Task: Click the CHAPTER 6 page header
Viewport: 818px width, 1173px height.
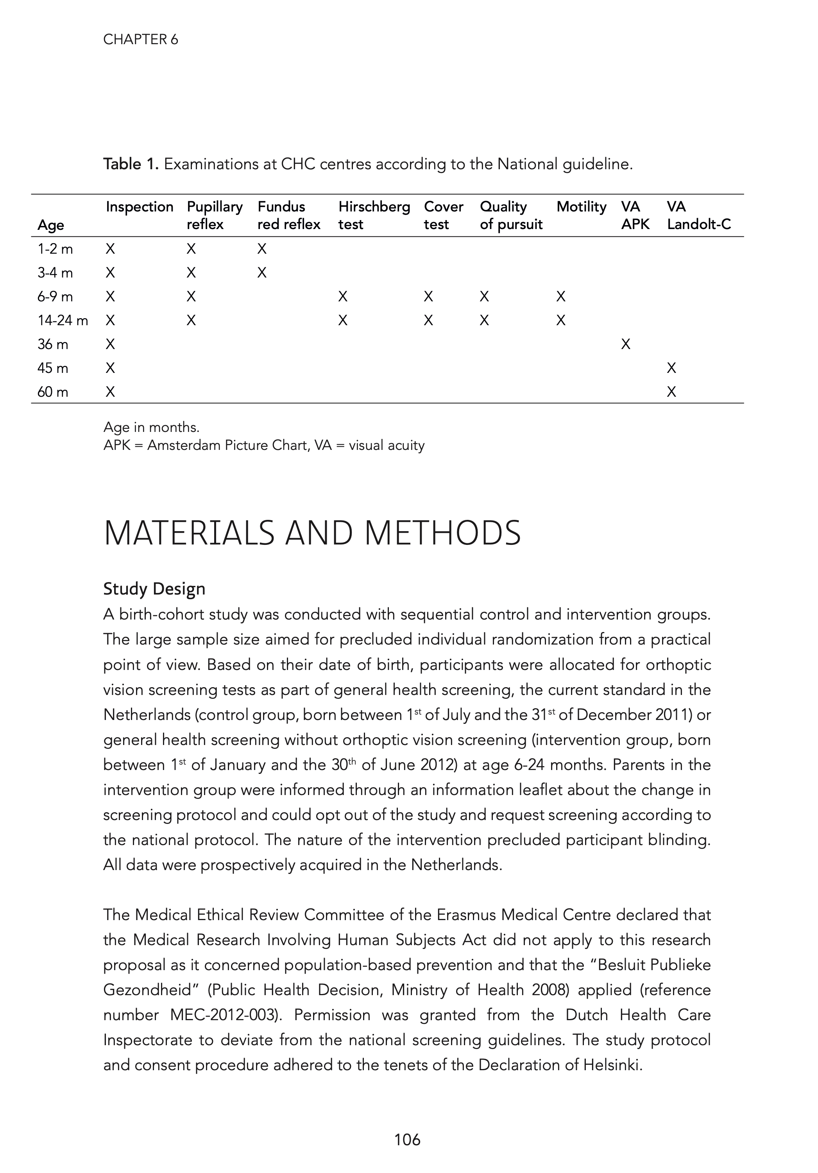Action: pos(141,40)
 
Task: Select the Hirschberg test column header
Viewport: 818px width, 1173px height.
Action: pos(374,215)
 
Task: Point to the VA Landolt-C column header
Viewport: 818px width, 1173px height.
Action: pos(698,215)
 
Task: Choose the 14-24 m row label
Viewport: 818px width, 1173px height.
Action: pos(62,321)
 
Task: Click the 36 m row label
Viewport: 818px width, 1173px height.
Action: pos(53,345)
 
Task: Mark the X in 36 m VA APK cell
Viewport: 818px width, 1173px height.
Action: pos(625,345)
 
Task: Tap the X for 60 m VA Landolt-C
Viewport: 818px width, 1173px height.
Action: pos(671,392)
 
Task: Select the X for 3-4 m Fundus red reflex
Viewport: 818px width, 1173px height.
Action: pos(261,273)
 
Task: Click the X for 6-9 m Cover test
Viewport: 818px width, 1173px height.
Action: pos(428,297)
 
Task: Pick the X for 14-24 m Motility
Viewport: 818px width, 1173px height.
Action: pos(560,321)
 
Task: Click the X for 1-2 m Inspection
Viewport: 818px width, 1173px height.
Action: pos(110,249)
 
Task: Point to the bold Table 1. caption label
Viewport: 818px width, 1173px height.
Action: pos(131,164)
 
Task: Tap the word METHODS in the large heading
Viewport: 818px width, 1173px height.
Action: pos(442,534)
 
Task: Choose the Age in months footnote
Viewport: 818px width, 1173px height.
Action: pos(151,427)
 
